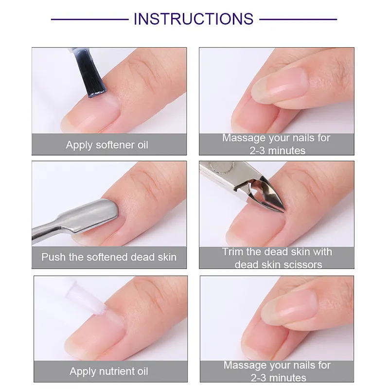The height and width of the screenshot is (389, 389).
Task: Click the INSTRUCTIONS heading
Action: [194, 19]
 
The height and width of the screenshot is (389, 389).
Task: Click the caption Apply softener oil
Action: [107, 145]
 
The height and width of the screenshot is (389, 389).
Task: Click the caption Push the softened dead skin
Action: [109, 257]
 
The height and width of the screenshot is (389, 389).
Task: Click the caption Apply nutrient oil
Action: [108, 371]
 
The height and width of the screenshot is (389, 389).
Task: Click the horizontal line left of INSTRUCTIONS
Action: [90, 19]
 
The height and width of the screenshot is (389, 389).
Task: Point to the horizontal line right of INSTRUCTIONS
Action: [298, 19]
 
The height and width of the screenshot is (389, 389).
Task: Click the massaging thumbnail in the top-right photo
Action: [280, 85]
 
